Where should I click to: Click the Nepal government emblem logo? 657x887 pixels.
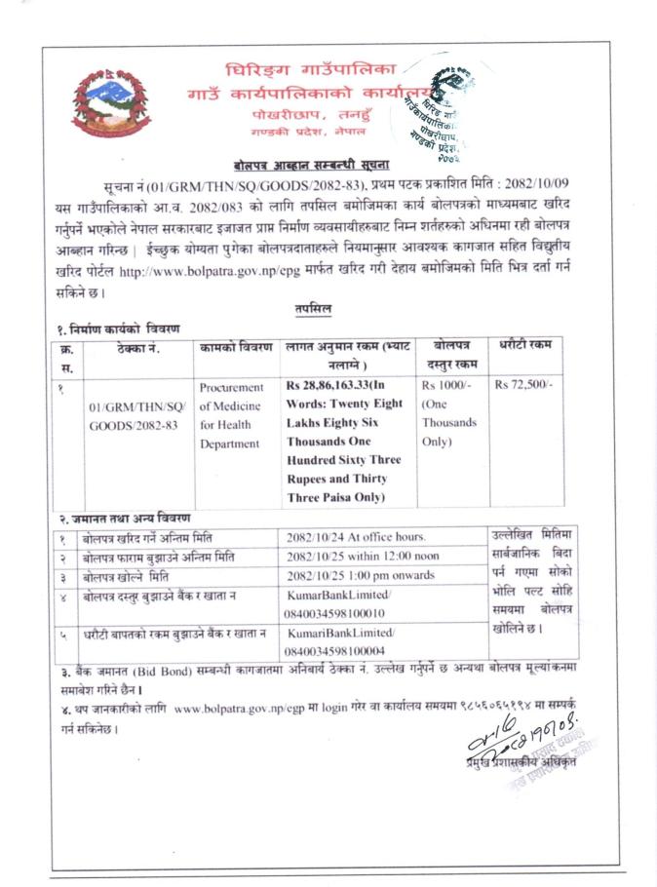(111, 101)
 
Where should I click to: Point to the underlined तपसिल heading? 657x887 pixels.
(314, 309)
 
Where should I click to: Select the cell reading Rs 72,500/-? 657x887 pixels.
(523, 385)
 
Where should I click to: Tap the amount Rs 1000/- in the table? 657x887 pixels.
(443, 385)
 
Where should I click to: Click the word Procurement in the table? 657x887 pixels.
(231, 386)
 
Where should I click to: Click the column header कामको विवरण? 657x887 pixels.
(236, 347)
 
